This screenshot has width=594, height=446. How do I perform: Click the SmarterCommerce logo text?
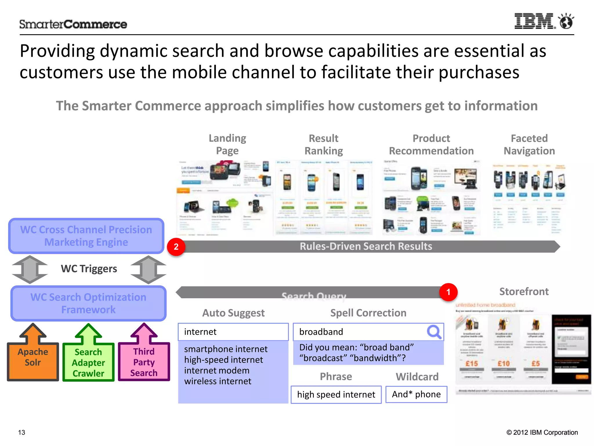pyautogui.click(x=73, y=24)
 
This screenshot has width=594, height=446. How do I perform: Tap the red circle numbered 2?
pyautogui.click(x=176, y=247)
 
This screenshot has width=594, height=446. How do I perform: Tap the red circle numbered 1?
pyautogui.click(x=448, y=292)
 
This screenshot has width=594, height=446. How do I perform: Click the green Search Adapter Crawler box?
pyautogui.click(x=88, y=362)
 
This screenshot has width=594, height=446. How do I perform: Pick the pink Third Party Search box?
pyautogui.click(x=144, y=362)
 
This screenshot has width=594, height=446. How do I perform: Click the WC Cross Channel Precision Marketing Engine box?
pyautogui.click(x=86, y=236)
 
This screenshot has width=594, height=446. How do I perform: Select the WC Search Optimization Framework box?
pyautogui.click(x=88, y=303)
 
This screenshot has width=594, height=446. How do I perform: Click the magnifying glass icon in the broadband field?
pyautogui.click(x=434, y=332)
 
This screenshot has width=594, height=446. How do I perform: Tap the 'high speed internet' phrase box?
pyautogui.click(x=336, y=395)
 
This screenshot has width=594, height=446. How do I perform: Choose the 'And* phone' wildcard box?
pyautogui.click(x=416, y=394)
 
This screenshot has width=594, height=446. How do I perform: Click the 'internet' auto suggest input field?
pyautogui.click(x=233, y=332)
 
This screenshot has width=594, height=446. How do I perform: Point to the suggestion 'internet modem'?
pyautogui.click(x=217, y=371)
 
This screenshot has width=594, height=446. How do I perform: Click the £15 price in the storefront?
pyautogui.click(x=472, y=364)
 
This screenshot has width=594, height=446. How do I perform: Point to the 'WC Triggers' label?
pyautogui.click(x=89, y=269)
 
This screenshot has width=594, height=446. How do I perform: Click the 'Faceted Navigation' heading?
pyautogui.click(x=529, y=145)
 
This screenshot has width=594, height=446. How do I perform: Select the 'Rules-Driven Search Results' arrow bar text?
pyautogui.click(x=366, y=247)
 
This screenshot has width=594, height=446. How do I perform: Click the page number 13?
pyautogui.click(x=22, y=432)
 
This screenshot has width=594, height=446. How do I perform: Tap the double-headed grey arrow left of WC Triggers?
pyautogui.click(x=30, y=269)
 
